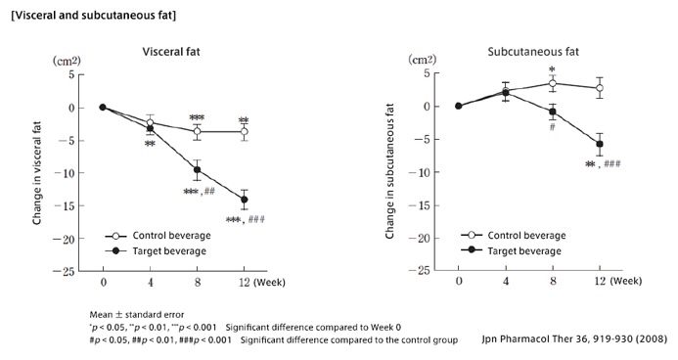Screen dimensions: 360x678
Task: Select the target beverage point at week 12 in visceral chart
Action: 244,200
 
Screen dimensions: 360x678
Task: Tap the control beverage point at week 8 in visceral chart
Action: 197,131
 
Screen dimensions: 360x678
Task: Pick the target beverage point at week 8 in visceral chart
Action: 197,169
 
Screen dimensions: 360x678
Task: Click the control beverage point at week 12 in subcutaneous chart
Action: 599,88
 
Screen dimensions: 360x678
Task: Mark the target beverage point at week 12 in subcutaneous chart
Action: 599,144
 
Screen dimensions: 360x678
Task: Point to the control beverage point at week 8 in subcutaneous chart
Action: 552,84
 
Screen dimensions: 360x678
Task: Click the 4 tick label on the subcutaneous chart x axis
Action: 505,282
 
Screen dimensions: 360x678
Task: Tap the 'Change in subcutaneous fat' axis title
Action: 390,172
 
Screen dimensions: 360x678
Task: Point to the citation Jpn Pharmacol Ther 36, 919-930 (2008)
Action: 575,339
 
